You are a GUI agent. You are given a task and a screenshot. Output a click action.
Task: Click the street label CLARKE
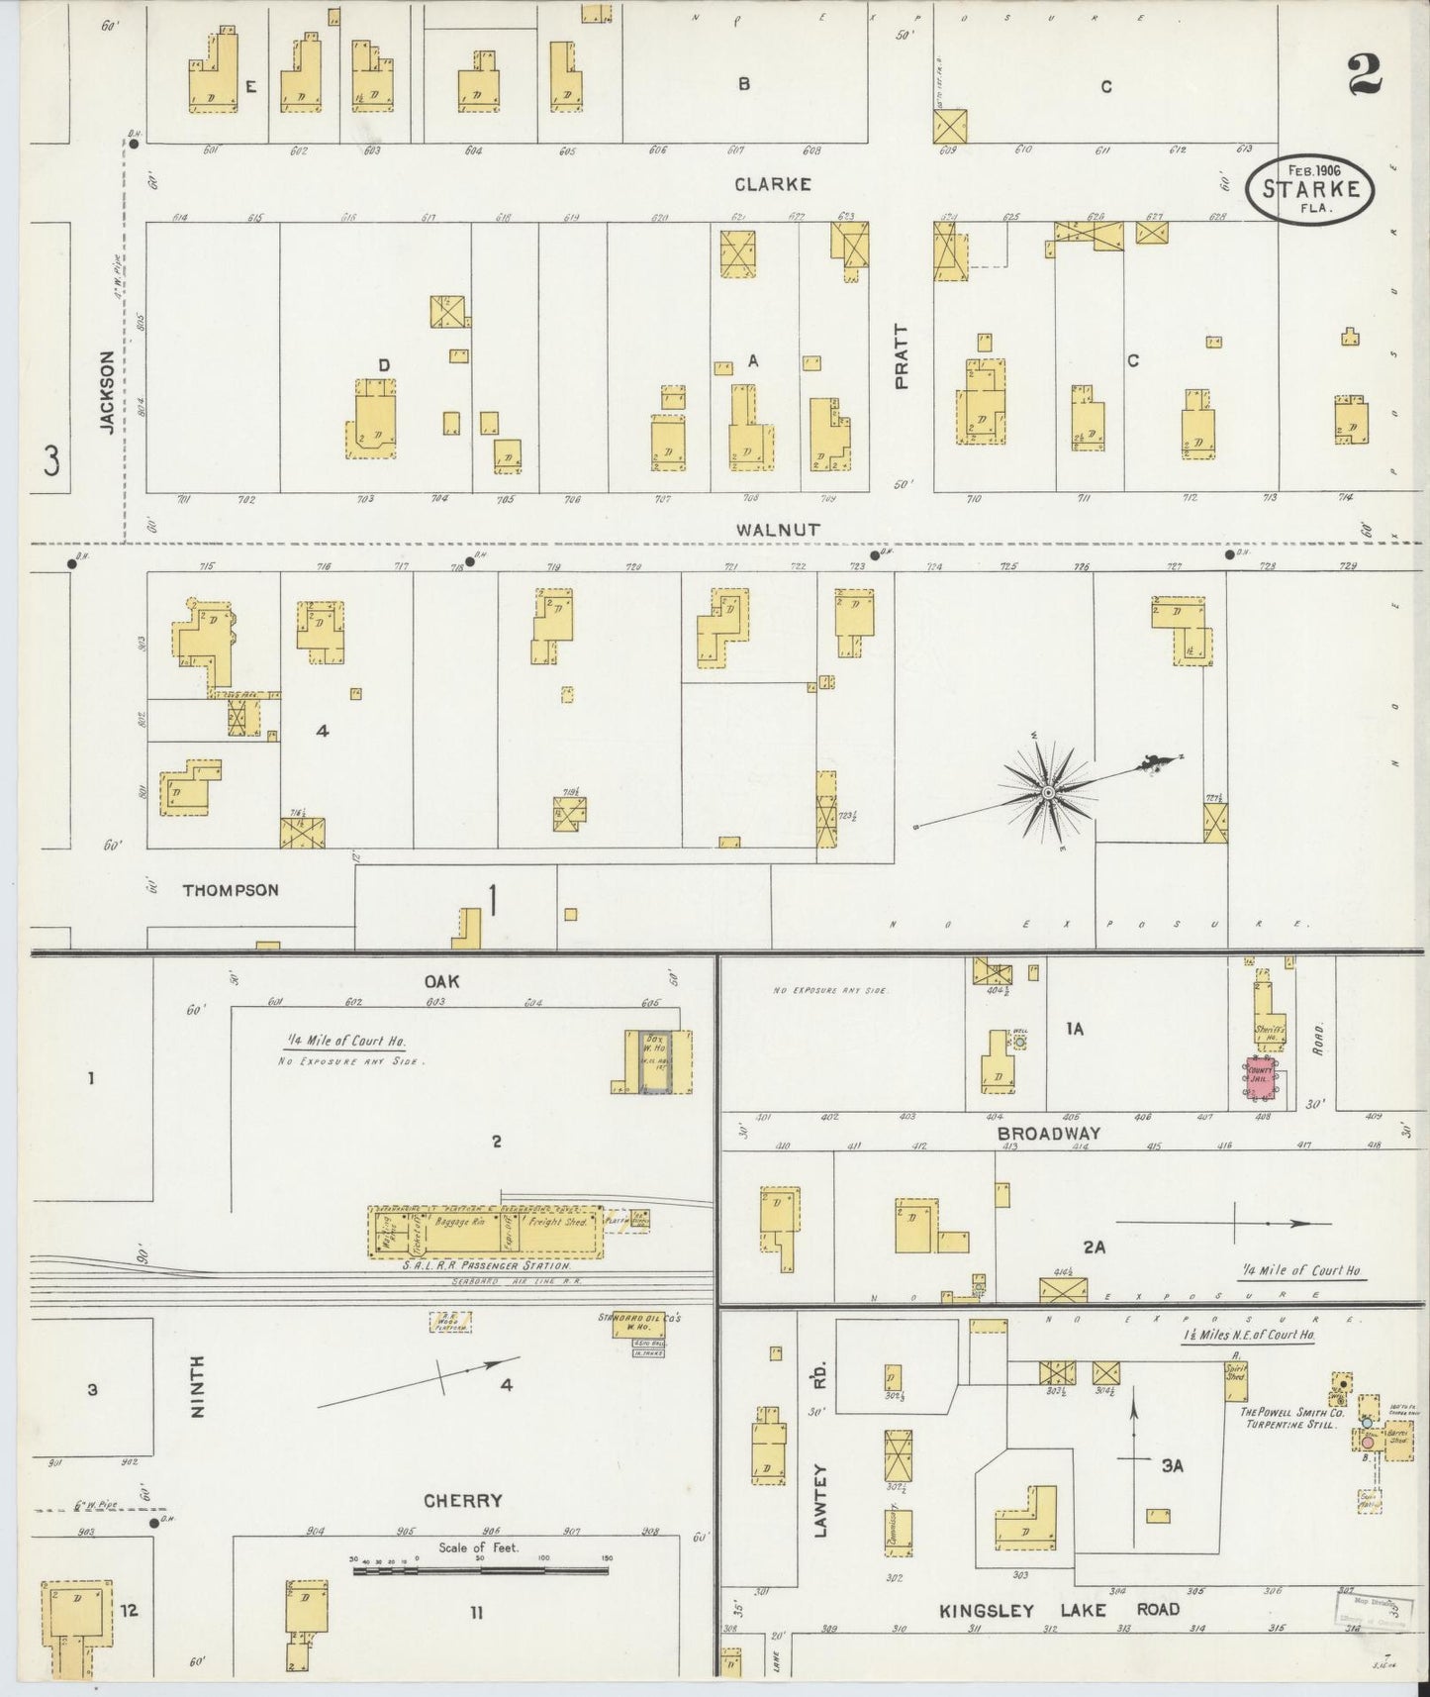point(772,184)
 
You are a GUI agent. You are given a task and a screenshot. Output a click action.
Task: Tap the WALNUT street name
point(777,530)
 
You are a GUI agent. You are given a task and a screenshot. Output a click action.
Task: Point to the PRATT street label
point(901,356)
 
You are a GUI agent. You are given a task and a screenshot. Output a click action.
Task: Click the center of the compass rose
point(1047,793)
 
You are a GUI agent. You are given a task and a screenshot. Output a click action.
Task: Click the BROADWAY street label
point(1048,1134)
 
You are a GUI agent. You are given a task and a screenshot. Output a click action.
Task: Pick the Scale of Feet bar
point(480,1570)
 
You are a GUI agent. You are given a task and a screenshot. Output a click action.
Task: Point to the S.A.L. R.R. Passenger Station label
point(486,1266)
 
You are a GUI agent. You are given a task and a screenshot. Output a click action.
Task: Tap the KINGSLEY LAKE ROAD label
point(1059,1609)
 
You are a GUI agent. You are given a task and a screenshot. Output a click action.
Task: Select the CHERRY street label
point(463,1500)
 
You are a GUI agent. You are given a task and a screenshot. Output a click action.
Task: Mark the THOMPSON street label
point(231,890)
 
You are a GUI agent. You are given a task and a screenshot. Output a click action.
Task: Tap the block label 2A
point(1093,1248)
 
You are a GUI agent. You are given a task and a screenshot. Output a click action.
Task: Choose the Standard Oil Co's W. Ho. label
point(640,1319)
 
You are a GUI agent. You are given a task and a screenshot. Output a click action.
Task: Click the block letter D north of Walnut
point(384,365)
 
